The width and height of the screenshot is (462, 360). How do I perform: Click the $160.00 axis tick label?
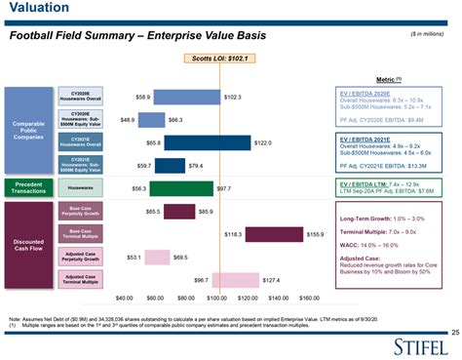pyautogui.click(x=309, y=297)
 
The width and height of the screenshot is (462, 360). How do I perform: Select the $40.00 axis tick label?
pyautogui.click(x=124, y=297)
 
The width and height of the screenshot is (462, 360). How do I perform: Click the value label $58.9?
pyautogui.click(x=141, y=98)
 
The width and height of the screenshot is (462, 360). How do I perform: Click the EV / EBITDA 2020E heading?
pyautogui.click(x=367, y=92)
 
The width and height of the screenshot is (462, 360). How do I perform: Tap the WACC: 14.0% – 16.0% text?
pyautogui.click(x=368, y=245)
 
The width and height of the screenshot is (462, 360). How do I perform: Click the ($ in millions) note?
pyautogui.click(x=428, y=34)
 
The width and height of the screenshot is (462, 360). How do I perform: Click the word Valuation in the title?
pyautogui.click(x=34, y=10)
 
